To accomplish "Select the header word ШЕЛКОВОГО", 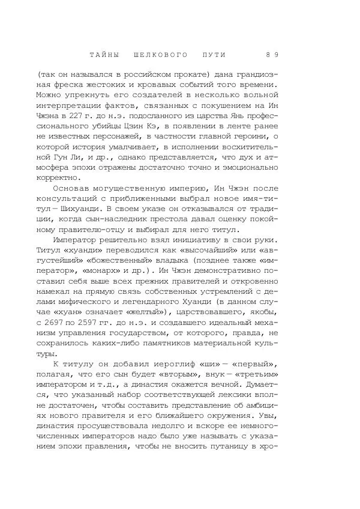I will (x=158, y=55).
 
